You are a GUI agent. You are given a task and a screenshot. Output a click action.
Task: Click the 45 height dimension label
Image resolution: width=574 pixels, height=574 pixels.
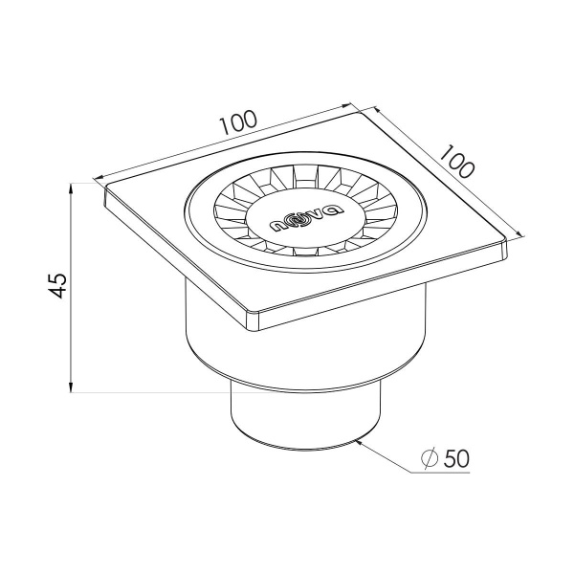click(x=58, y=286)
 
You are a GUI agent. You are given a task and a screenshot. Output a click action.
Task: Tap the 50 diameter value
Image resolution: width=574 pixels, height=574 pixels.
click(x=456, y=458)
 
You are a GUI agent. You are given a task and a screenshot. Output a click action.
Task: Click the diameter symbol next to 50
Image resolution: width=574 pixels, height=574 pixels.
click(x=430, y=458)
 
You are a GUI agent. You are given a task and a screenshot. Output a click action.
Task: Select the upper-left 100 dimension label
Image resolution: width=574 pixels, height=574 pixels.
click(x=239, y=122)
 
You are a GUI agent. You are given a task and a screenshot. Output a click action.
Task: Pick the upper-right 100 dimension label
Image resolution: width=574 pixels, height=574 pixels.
click(x=456, y=162)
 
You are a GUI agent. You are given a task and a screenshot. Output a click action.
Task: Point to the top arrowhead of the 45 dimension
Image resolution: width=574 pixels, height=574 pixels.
click(x=71, y=188)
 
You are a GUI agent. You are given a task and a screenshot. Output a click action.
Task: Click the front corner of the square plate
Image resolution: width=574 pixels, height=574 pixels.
click(x=254, y=322)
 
